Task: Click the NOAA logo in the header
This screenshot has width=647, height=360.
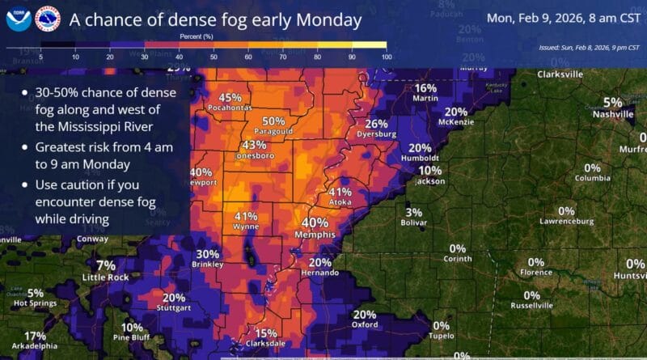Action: point(18,18)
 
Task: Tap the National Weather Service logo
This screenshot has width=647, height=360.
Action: point(47,18)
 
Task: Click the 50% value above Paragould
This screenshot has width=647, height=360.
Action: point(273,121)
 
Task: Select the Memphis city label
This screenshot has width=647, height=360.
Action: point(315,235)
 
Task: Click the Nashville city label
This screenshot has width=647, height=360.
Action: point(612,115)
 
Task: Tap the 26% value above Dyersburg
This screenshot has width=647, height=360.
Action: point(376,124)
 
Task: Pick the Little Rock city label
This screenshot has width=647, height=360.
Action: point(105,277)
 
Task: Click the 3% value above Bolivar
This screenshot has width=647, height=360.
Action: point(413,212)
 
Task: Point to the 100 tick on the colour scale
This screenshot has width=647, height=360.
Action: point(386,57)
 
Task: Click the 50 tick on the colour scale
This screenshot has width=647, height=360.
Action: point(214,57)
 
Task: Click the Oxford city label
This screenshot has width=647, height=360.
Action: point(364,325)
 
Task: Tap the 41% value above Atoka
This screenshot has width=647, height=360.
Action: point(340,192)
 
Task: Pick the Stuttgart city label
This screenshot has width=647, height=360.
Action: point(173,308)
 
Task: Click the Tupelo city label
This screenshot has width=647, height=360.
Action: point(441,336)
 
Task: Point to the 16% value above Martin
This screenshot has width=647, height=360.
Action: point(425,88)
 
